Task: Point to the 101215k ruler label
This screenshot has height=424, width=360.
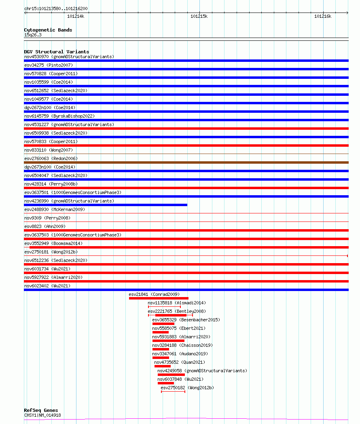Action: click(199, 16)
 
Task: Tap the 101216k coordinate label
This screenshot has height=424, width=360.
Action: click(323, 16)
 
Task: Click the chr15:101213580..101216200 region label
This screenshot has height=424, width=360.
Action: click(56, 8)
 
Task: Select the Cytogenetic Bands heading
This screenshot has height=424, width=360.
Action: click(48, 30)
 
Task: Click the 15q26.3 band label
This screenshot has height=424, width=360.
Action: click(33, 35)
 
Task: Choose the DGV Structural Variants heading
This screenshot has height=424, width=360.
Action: click(56, 52)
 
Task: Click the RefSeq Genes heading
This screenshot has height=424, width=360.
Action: click(41, 410)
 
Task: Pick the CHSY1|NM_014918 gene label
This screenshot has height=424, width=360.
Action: click(42, 415)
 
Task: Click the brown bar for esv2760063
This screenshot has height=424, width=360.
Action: click(186, 162)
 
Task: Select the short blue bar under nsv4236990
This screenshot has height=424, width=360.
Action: click(106, 205)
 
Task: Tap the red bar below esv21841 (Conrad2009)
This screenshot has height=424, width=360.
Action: click(159, 298)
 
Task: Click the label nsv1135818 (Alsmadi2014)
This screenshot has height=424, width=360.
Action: click(176, 303)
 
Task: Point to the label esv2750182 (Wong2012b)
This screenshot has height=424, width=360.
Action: click(187, 388)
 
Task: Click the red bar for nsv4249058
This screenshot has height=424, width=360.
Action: click(171, 375)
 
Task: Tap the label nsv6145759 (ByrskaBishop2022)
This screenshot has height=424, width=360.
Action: click(59, 116)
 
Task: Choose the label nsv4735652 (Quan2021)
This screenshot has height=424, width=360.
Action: click(180, 362)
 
